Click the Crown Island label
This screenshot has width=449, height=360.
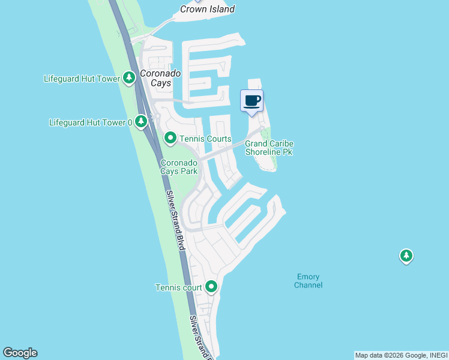tap(208, 9)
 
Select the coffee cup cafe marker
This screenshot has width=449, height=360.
tap(252, 100)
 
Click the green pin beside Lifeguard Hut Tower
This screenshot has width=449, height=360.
tap(128, 78)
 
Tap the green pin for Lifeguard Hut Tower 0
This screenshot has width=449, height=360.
tap(141, 122)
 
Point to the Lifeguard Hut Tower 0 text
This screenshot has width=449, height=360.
tap(91, 123)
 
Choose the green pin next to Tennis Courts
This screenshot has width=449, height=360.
tap(170, 139)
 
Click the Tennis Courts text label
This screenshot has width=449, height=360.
tap(206, 139)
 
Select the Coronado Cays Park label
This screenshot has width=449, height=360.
tap(179, 167)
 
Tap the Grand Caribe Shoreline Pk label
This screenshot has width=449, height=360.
tap(268, 148)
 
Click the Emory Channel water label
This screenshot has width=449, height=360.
tap(309, 281)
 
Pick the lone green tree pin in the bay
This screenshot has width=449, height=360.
tap(406, 256)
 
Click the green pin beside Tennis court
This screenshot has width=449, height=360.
tap(211, 287)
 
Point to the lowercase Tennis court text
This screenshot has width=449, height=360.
tap(179, 288)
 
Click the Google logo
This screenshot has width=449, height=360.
tap(20, 353)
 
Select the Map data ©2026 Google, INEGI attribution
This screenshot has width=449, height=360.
tap(401, 355)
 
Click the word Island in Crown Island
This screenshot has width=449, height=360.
tap(221, 9)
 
